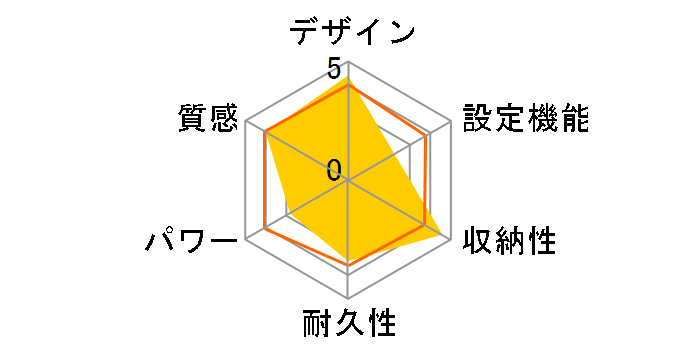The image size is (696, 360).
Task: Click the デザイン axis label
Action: [349, 32]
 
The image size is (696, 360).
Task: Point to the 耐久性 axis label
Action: [349, 326]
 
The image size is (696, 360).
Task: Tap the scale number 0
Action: [334, 169]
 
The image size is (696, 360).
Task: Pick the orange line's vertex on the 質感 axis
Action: [265, 134]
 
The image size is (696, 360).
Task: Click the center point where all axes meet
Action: [347, 181]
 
